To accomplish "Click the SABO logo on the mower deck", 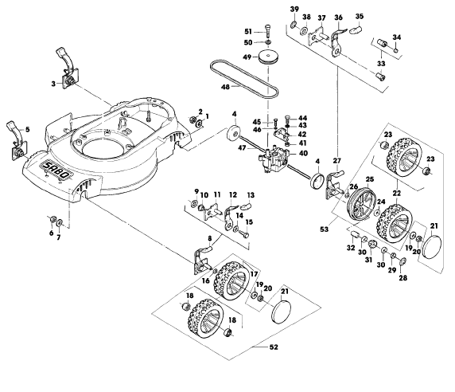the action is [56, 171].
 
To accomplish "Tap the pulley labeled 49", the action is [269, 57].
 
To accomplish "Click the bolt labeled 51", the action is [267, 30].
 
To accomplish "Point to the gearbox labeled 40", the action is [274, 161].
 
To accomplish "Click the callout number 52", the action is [274, 347].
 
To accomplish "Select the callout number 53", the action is [324, 229].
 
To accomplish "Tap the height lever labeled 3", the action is [68, 69].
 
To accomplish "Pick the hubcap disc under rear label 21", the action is [432, 246].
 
